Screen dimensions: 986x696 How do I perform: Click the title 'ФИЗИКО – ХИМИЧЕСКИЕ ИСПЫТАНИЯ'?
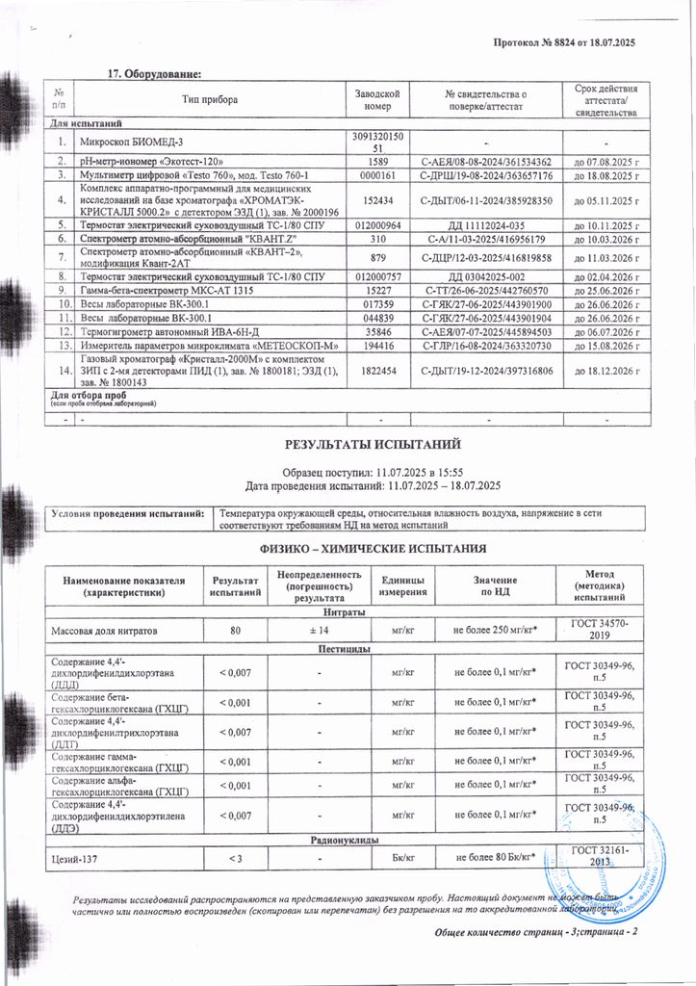click(x=374, y=549)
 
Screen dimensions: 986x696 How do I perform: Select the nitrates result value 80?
click(x=229, y=631)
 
